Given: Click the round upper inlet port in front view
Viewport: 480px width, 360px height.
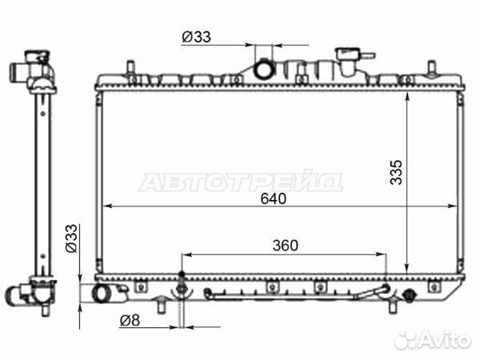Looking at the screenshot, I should click(x=264, y=70).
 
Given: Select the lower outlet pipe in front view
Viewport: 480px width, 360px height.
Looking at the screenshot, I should click(x=105, y=294).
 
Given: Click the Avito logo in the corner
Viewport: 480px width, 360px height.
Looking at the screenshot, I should click(x=432, y=339).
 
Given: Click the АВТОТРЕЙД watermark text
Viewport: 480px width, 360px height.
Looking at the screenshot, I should click(x=240, y=182).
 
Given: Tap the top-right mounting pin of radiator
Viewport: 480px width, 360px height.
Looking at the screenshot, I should click(x=432, y=66).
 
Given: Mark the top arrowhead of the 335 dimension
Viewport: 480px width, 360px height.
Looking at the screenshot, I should click(x=408, y=94).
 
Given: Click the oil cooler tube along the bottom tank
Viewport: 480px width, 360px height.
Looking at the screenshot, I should click(x=296, y=294).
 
